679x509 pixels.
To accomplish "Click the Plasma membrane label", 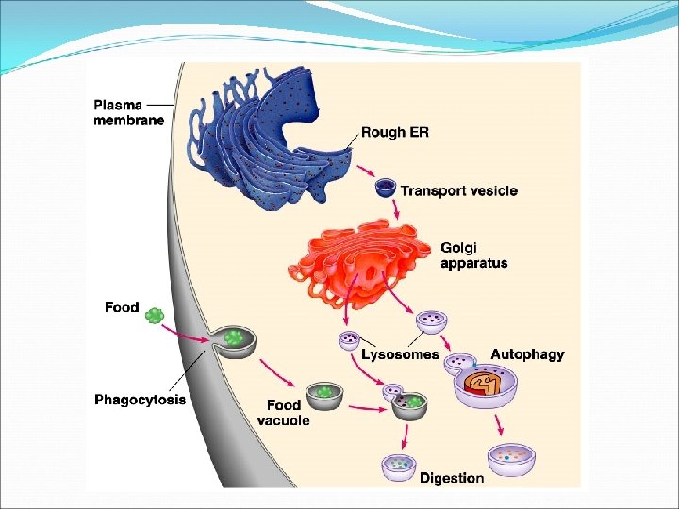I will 128,112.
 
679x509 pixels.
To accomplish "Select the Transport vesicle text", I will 459,190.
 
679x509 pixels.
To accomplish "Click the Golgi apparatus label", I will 473,255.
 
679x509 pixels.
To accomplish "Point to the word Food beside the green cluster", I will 122,307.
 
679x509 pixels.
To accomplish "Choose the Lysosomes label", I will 400,354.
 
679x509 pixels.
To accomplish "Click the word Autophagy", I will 527,354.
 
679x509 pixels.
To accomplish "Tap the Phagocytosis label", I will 141,400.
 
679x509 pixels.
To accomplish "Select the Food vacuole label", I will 283,413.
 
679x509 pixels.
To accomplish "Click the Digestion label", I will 452,478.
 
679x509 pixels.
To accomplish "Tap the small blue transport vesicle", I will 386,189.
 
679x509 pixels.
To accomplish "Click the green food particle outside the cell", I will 155,316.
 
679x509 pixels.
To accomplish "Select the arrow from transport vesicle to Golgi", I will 398,215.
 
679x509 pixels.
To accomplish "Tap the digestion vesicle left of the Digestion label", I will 397,466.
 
